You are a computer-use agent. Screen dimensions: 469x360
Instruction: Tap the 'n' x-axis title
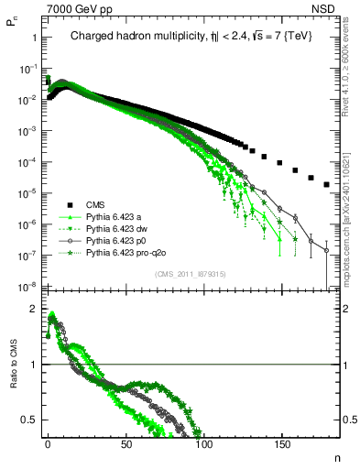tap(336, 455)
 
